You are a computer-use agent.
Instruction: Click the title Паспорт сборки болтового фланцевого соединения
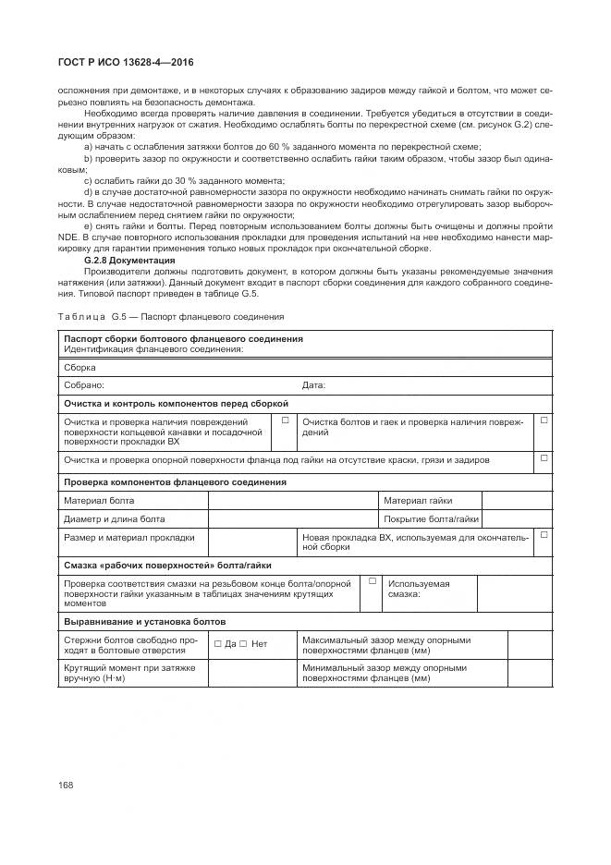[x=183, y=339]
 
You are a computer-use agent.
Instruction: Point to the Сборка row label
[x=79, y=368]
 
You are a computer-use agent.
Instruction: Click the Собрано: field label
[x=83, y=385]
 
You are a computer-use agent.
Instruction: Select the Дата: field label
[x=313, y=385]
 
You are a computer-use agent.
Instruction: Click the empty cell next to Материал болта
[x=293, y=500]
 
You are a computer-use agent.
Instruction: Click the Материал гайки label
[x=418, y=500]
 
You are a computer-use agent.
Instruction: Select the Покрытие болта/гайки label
[x=431, y=518]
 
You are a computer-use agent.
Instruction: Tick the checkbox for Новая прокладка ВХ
[x=544, y=535]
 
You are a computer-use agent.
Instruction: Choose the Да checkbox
[x=217, y=643]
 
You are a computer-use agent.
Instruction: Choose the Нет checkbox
[x=243, y=643]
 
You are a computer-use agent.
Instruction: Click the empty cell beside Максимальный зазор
[x=530, y=643]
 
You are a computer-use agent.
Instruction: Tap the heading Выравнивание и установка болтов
[x=144, y=622]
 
